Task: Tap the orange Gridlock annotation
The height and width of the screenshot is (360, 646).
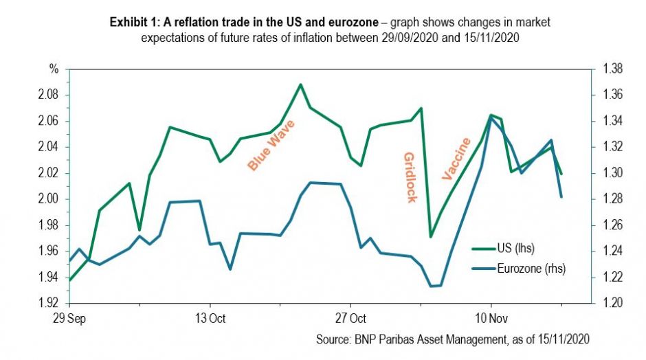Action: (x=410, y=177)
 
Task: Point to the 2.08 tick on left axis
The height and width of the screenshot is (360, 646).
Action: (x=49, y=95)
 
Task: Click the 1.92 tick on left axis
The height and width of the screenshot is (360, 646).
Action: (x=49, y=303)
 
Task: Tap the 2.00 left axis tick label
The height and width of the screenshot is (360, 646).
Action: (x=49, y=199)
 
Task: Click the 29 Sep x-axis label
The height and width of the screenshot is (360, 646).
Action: (x=69, y=319)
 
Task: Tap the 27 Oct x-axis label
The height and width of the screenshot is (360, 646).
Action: (x=350, y=319)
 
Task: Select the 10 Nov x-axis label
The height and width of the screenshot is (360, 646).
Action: (x=490, y=319)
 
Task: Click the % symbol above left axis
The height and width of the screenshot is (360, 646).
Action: (x=52, y=69)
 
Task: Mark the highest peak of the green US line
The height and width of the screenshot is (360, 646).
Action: (x=300, y=85)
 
